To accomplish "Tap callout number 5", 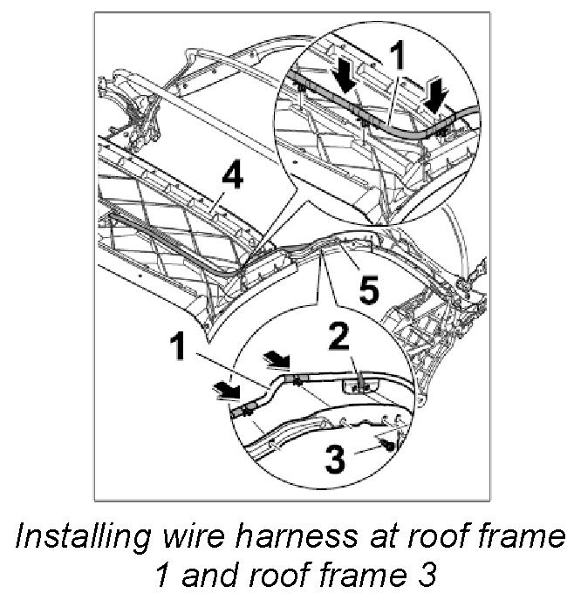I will [x=370, y=290].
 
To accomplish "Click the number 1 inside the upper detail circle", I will [x=398, y=59].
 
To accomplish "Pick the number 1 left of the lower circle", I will [x=178, y=348].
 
